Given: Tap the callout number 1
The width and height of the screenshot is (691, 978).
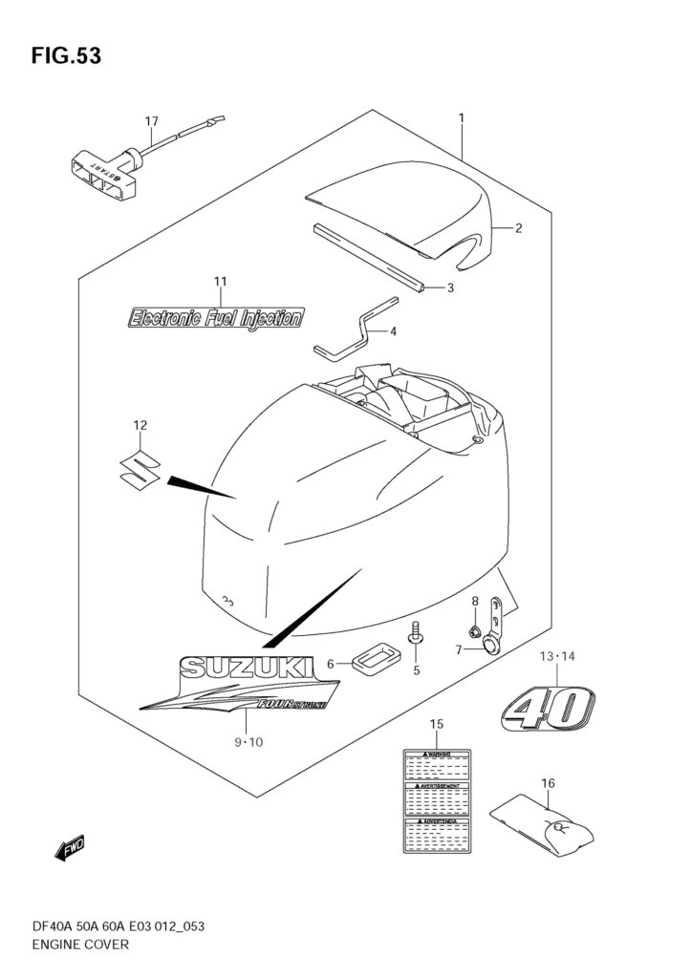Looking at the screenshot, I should [462, 118].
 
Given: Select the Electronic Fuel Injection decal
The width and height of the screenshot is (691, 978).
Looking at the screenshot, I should [216, 317].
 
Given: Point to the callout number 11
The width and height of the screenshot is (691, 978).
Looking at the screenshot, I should [220, 281].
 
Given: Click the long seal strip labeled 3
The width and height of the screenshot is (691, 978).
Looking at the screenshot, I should [367, 257].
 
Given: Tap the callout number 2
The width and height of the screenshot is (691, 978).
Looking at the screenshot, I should [517, 228].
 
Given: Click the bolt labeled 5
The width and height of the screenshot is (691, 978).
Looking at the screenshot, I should [416, 636].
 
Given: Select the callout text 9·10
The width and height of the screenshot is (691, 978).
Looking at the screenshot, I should [248, 741].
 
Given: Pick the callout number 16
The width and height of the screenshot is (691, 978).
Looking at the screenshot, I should [548, 783].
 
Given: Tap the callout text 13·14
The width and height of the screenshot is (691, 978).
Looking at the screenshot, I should [558, 656].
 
